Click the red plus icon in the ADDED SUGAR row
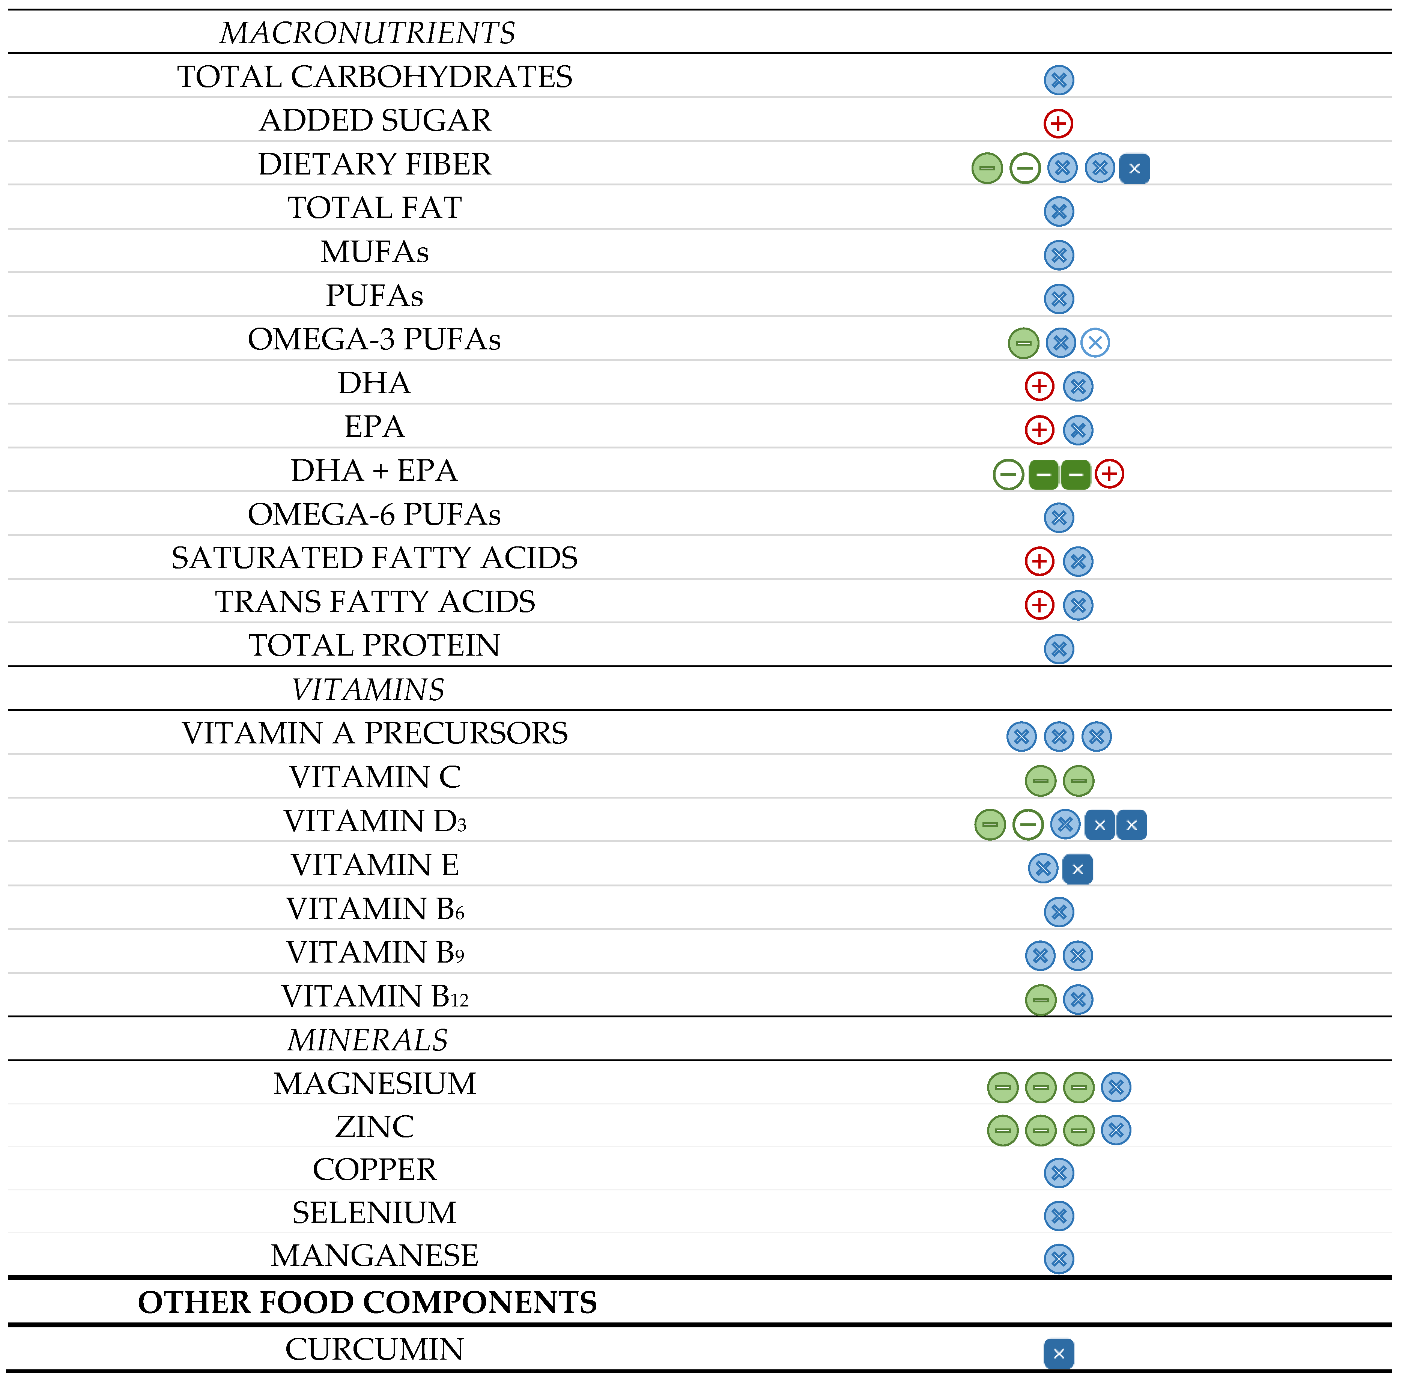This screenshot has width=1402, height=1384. point(1058,123)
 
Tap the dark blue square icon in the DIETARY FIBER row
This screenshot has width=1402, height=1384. point(1134,168)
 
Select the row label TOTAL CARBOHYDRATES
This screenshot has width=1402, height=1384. point(375,77)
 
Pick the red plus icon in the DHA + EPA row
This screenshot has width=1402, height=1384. point(1109,474)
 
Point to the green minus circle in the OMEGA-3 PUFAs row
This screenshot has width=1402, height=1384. point(1023,343)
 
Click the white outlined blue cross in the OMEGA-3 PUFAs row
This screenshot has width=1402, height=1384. point(1095,343)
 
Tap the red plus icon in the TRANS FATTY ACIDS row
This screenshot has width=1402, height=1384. point(1039,605)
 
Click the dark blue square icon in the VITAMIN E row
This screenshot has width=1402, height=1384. point(1078,869)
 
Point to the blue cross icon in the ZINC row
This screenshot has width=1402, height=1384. point(1116,1130)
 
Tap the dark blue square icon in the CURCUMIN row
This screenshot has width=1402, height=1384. point(1059,1354)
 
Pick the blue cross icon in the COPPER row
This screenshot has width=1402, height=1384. point(1059,1173)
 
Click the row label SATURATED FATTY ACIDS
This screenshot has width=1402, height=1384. point(375,558)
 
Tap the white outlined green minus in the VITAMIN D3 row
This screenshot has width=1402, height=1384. point(1027,824)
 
